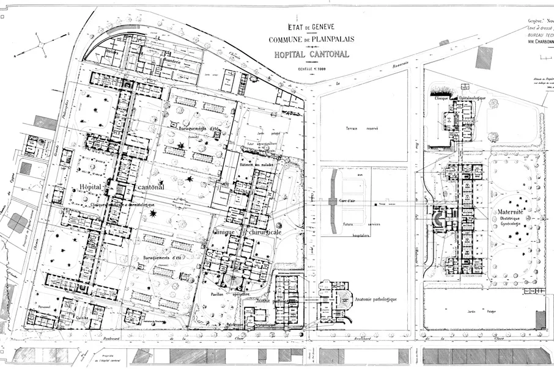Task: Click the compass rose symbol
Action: tap(40, 43)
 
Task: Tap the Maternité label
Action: tap(509, 213)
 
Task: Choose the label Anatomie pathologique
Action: tap(376, 299)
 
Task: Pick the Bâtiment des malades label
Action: tap(257, 166)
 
